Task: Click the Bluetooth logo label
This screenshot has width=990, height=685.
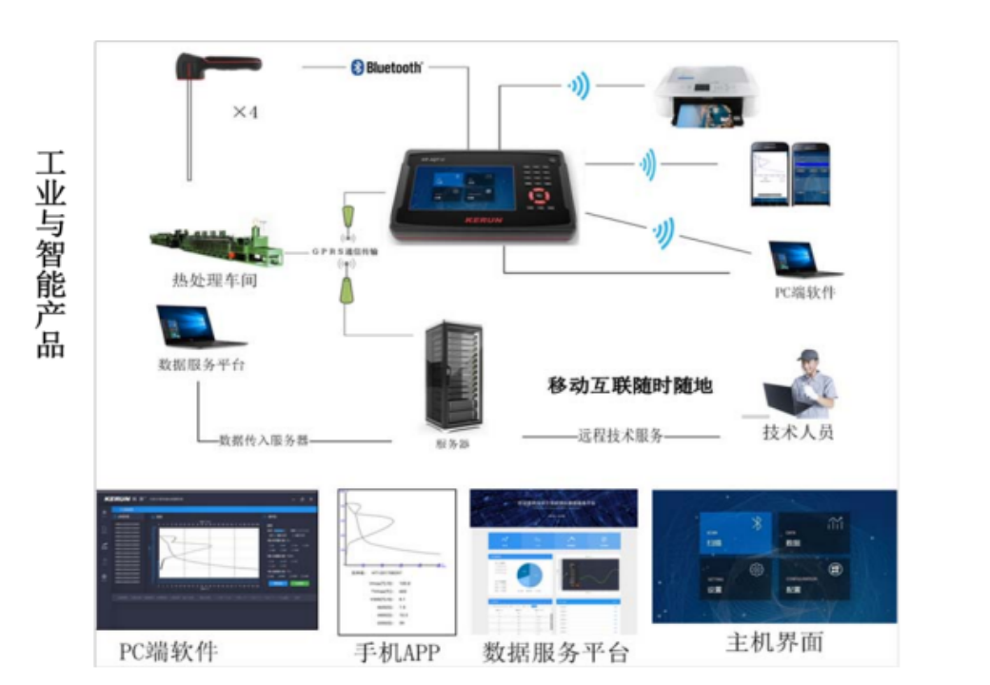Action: tap(386, 68)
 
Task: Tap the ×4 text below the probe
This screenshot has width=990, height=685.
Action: tap(246, 112)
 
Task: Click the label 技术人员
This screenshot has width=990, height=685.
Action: tap(798, 433)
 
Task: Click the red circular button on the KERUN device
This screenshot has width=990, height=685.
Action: tap(541, 198)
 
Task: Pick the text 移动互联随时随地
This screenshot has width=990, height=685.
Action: tap(630, 385)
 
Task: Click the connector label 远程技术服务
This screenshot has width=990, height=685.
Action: tap(620, 437)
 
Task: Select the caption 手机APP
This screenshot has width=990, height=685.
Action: tap(396, 653)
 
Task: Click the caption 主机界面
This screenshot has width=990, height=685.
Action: tap(774, 642)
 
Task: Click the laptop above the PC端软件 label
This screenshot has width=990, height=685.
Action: tap(792, 259)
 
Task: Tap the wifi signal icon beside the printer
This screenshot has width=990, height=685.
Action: tap(579, 87)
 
